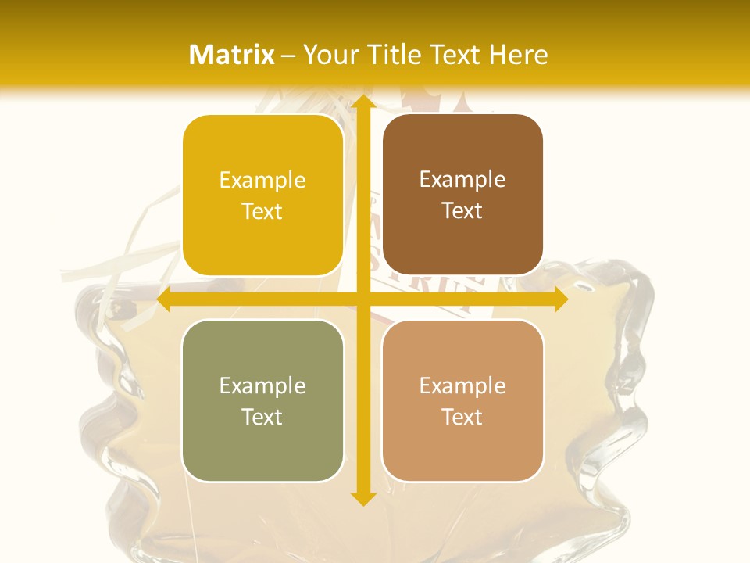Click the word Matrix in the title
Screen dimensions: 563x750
pyautogui.click(x=232, y=55)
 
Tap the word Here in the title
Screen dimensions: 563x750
pyautogui.click(x=518, y=55)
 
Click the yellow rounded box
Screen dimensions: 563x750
pyautogui.click(x=262, y=195)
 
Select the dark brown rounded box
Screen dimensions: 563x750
pyautogui.click(x=462, y=195)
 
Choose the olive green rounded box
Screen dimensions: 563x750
pyautogui.click(x=262, y=400)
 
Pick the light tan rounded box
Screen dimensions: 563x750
pyautogui.click(x=462, y=400)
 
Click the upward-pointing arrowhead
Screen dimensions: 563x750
pyautogui.click(x=362, y=102)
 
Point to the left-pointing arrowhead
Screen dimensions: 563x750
pyautogui.click(x=165, y=299)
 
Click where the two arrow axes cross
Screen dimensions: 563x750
pyautogui.click(x=362, y=299)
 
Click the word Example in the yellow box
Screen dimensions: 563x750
pyautogui.click(x=262, y=181)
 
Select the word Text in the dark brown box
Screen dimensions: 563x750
pyautogui.click(x=462, y=211)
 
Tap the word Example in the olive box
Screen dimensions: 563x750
pyautogui.click(x=262, y=385)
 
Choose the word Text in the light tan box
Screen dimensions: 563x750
pyautogui.click(x=462, y=417)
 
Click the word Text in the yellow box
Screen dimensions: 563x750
pyautogui.click(x=262, y=212)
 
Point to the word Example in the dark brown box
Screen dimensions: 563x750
pyautogui.click(x=462, y=180)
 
